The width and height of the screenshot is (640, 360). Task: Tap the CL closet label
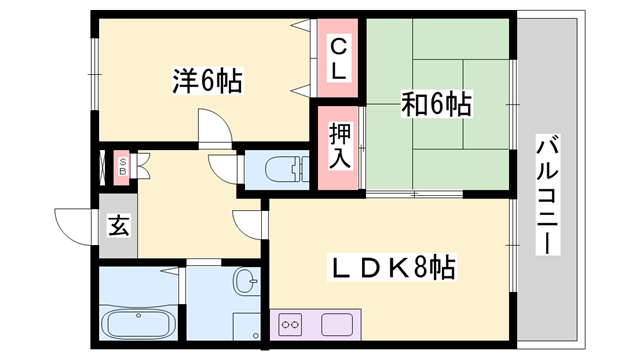click(338, 58)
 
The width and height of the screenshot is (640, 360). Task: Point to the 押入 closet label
click(338, 145)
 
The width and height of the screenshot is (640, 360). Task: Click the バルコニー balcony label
click(547, 194)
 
